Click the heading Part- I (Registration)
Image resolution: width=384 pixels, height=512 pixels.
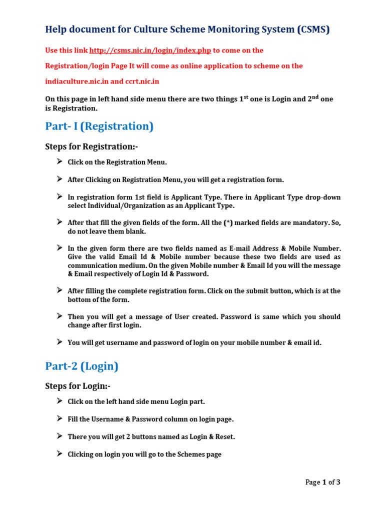(x=99, y=126)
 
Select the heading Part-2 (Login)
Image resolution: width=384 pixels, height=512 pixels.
(x=81, y=366)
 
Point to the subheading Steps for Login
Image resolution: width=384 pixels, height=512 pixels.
(x=77, y=386)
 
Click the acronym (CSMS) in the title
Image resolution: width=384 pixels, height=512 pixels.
(x=313, y=29)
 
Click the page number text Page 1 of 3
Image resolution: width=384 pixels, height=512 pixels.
(x=322, y=482)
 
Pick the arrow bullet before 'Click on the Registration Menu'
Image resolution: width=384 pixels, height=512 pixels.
(x=59, y=161)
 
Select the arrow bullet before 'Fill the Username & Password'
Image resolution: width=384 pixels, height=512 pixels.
(x=59, y=418)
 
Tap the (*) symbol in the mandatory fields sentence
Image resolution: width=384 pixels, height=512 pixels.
(x=228, y=222)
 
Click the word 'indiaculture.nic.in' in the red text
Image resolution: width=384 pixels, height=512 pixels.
(x=77, y=81)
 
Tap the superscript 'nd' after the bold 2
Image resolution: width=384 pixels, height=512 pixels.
(x=313, y=96)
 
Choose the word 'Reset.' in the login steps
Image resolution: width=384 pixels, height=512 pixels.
(x=224, y=436)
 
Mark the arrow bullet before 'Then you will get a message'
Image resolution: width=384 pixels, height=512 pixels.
(x=59, y=316)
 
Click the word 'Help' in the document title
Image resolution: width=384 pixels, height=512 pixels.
(x=55, y=29)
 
